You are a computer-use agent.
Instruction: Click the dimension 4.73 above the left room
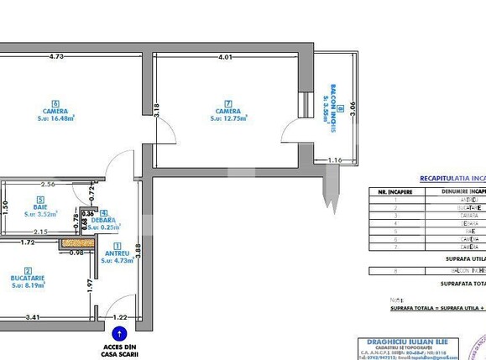pyautogui.click(x=56, y=57)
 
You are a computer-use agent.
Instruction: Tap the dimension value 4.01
pyautogui.click(x=224, y=57)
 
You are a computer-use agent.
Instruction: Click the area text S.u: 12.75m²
pyautogui.click(x=228, y=118)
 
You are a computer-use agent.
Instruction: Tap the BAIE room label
pyautogui.click(x=39, y=207)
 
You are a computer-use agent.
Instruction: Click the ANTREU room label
pyautogui.click(x=116, y=253)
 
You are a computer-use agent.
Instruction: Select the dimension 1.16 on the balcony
pyautogui.click(x=335, y=159)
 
